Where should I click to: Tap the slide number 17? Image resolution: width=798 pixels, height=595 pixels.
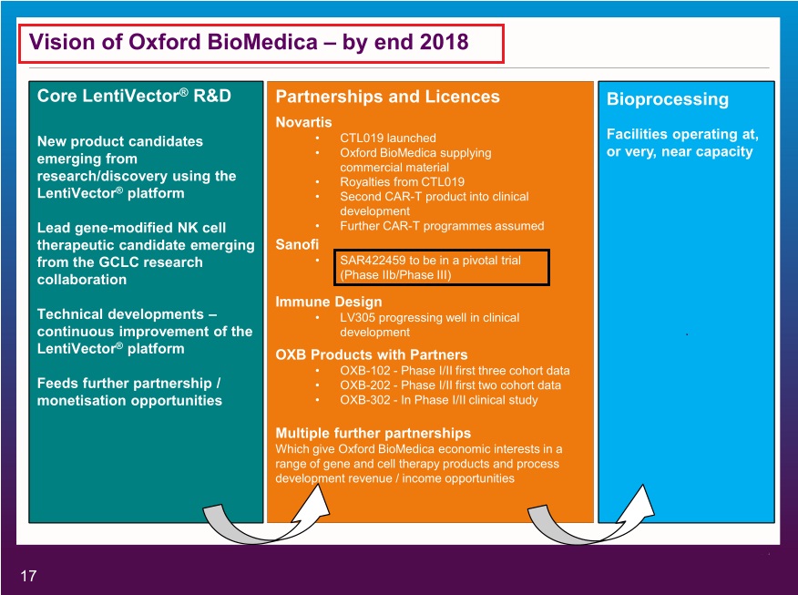pos(28,576)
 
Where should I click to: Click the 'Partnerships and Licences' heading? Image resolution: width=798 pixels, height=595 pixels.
pos(387,97)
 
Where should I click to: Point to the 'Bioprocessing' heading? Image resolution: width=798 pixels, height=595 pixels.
pos(668,99)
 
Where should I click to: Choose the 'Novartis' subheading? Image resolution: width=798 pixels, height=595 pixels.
pos(303,121)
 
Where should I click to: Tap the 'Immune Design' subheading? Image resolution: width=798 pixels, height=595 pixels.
pos(328,302)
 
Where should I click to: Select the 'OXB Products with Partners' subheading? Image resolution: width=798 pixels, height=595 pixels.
pos(371,354)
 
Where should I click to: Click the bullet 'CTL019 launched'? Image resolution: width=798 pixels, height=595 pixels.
pos(387,138)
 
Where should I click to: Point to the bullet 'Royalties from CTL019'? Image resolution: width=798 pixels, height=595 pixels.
pos(402,181)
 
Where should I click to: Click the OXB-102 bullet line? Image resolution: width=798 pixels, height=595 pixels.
pos(455,371)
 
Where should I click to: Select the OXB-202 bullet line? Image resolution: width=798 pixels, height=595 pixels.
pos(450,385)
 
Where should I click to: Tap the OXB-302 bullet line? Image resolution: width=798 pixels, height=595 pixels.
pos(438,400)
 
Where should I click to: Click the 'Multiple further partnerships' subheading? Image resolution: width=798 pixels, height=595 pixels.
pos(373,433)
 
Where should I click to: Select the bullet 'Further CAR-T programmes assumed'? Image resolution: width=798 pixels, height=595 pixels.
pos(441,226)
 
